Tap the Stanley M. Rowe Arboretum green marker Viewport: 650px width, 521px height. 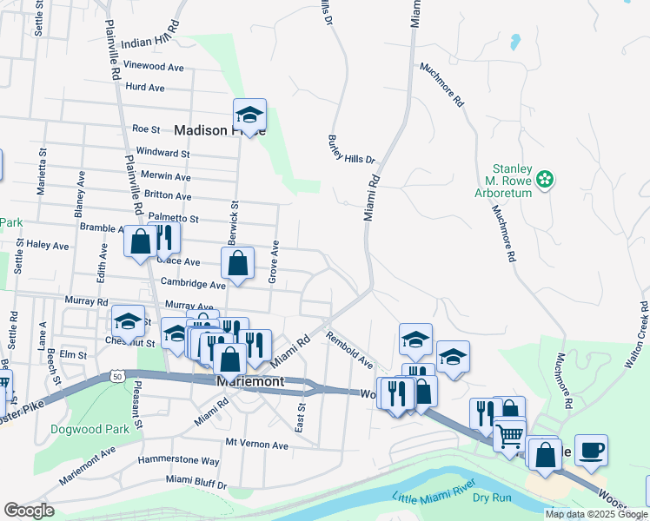tap(545, 180)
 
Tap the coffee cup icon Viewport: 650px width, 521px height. tap(591, 451)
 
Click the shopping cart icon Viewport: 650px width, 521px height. tap(510, 433)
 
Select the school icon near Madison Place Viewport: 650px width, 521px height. tap(249, 115)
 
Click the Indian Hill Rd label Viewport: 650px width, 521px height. tap(149, 43)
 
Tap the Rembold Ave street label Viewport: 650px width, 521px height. tap(349, 350)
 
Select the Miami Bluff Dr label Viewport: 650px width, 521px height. tap(196, 480)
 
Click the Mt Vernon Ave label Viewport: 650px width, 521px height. tap(256, 444)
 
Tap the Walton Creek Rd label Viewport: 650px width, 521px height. tap(637, 338)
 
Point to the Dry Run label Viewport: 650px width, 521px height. tap(492, 498)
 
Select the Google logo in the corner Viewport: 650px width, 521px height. tap(29, 510)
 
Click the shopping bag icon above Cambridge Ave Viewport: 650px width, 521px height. tap(237, 264)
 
